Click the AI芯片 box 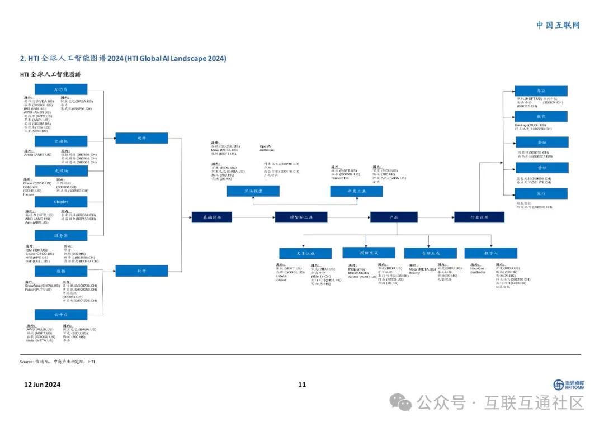coord(60,89)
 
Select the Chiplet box coord(60,202)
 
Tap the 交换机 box coord(60,141)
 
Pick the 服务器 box coord(60,235)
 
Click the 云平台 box coord(60,315)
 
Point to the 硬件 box coord(141,138)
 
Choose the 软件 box coord(141,271)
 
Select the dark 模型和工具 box coord(301,217)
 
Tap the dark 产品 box coord(394,217)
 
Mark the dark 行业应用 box coord(479,217)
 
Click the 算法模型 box coord(253,191)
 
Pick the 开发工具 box coord(356,191)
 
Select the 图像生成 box coord(369,253)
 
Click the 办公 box coord(541,91)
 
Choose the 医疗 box coord(541,193)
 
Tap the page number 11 coord(302,385)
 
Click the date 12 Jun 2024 coord(43,385)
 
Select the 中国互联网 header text coord(558,25)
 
